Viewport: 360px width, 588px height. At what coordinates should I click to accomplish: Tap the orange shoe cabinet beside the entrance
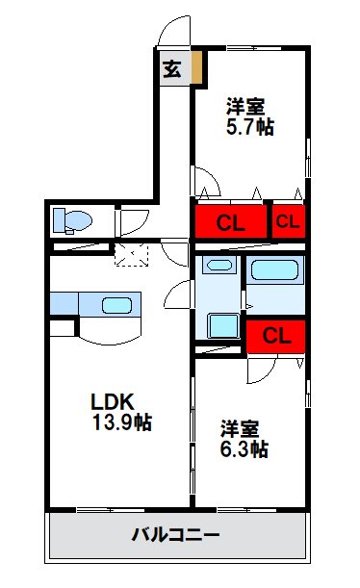[196, 69]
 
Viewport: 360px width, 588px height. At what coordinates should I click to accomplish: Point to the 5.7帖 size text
[249, 125]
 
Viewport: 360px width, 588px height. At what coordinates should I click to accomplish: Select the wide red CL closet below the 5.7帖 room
[230, 223]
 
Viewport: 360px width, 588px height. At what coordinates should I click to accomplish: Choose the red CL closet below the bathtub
[275, 336]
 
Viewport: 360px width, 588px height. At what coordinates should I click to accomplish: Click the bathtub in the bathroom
[275, 270]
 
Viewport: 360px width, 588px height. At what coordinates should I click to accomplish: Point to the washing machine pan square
[222, 326]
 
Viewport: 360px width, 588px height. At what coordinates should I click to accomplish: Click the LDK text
[112, 400]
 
